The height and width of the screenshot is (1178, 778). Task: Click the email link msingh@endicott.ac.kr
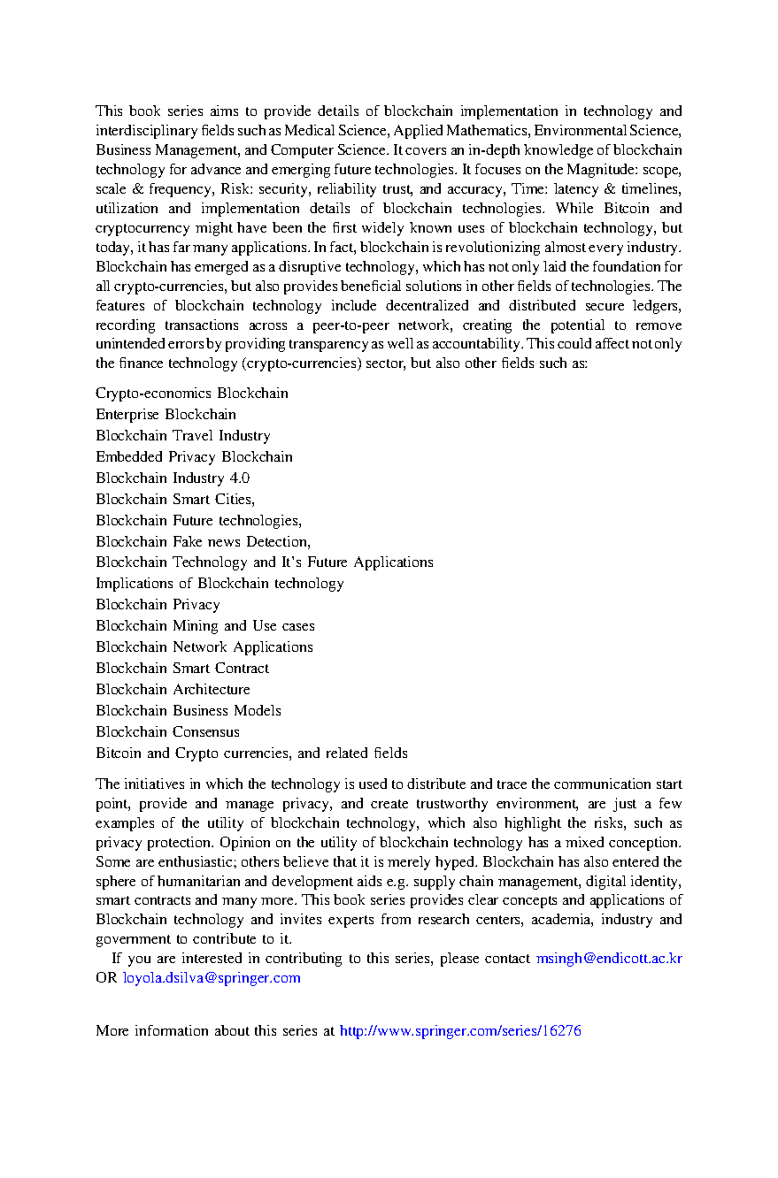pyautogui.click(x=609, y=959)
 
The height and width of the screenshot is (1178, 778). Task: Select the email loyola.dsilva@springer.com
pyautogui.click(x=212, y=978)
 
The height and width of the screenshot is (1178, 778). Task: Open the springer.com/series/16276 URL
pyautogui.click(x=460, y=1031)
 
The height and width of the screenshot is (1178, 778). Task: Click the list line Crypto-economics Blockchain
pyautogui.click(x=192, y=394)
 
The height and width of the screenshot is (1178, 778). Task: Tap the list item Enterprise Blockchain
pyautogui.click(x=166, y=415)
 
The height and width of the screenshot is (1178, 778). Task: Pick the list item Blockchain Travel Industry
pyautogui.click(x=183, y=436)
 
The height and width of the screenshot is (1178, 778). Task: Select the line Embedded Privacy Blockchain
pyautogui.click(x=194, y=457)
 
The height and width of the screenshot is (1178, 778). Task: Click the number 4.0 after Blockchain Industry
pyautogui.click(x=239, y=478)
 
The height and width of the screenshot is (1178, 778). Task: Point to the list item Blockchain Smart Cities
pyautogui.click(x=175, y=500)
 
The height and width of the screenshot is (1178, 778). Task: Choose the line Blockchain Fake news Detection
pyautogui.click(x=203, y=541)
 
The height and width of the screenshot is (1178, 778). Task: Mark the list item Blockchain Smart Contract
pyautogui.click(x=182, y=669)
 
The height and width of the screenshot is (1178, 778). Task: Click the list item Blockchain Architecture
pyautogui.click(x=173, y=690)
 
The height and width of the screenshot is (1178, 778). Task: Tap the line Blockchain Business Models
pyautogui.click(x=189, y=711)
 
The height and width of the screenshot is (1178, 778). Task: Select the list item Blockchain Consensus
pyautogui.click(x=167, y=732)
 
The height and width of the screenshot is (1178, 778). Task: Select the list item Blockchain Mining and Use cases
pyautogui.click(x=205, y=626)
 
